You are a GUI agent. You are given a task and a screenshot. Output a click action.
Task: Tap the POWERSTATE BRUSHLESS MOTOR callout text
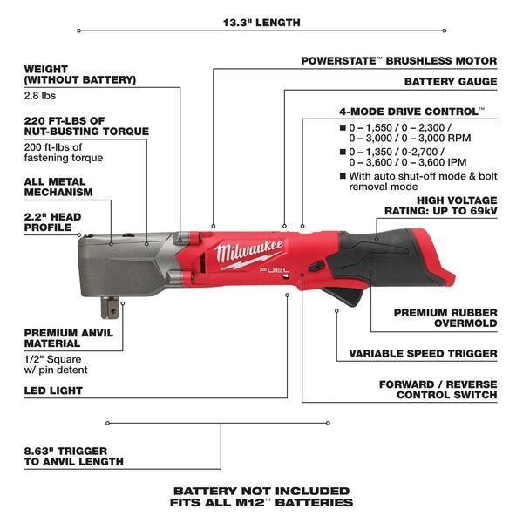(399, 61)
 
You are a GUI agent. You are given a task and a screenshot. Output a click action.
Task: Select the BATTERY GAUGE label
(450, 82)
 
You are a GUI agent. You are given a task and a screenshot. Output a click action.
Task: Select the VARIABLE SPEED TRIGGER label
(424, 354)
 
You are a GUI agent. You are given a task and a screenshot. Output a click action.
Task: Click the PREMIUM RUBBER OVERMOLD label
(445, 317)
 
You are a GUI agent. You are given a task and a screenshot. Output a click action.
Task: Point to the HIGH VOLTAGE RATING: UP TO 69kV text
(441, 205)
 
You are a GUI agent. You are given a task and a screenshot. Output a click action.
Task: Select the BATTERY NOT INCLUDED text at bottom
(261, 491)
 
